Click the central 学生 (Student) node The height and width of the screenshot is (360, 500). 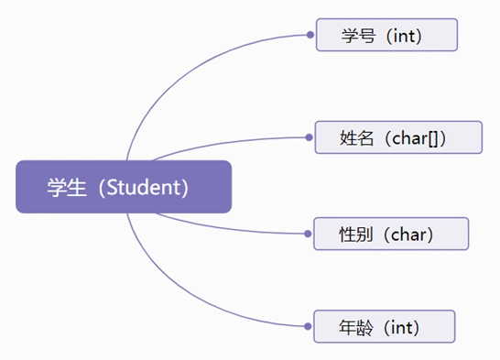point(123,187)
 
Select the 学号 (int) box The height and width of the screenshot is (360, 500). point(386,36)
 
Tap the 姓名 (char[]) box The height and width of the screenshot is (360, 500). point(397,137)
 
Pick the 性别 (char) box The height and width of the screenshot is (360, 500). point(391,234)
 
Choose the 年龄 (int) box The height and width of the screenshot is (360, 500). point(384,326)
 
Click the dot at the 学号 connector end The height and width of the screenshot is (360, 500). point(310,36)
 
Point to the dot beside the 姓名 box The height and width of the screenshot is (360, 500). point(309,137)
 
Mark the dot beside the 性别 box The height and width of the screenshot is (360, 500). point(309,234)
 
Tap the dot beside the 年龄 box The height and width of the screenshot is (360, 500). point(309,326)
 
